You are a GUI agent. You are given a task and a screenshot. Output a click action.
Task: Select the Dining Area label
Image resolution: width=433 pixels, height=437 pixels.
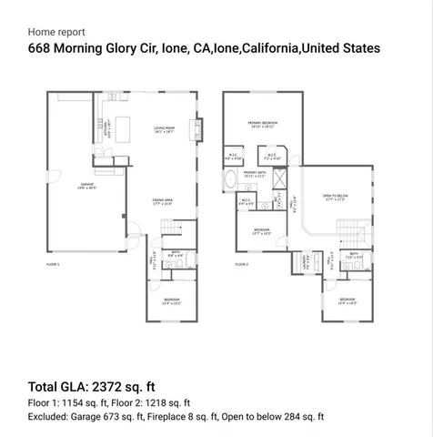(x=165, y=202)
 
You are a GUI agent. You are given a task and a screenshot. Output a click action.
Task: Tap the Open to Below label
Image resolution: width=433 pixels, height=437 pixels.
(x=336, y=197)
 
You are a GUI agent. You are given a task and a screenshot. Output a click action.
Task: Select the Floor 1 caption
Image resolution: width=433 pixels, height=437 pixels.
(x=53, y=264)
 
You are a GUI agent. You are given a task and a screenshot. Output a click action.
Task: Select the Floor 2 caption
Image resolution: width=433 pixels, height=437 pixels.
(x=241, y=264)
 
